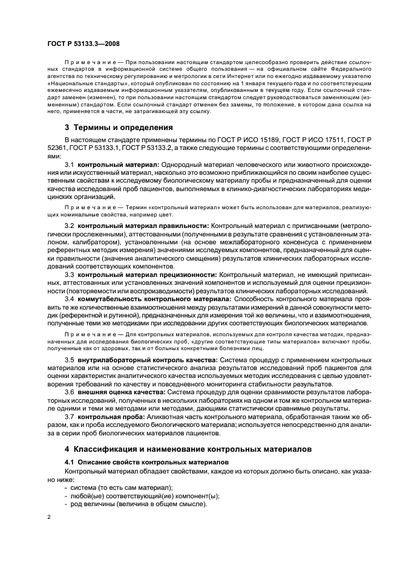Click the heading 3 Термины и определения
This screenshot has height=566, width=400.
[x=119, y=128]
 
